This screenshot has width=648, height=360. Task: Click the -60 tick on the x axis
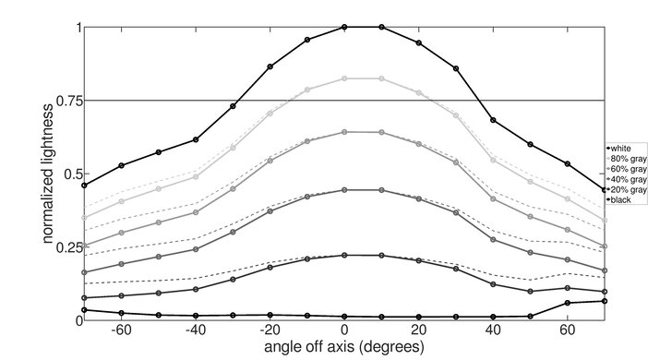click(x=120, y=330)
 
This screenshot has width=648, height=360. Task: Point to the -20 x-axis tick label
click(x=269, y=330)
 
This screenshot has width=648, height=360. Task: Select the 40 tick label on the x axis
click(x=493, y=330)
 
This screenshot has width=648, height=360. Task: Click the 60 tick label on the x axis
click(x=568, y=330)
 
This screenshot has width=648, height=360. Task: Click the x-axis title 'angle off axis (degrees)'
click(x=343, y=348)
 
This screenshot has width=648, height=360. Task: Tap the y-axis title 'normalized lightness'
click(x=45, y=174)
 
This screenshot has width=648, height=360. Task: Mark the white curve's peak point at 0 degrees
click(x=344, y=27)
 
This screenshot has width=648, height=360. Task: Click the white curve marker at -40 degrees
click(x=196, y=139)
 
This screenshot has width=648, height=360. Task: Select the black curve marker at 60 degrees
click(x=568, y=303)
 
